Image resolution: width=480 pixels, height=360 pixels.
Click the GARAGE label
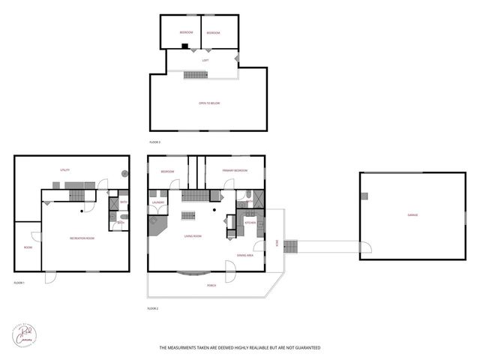(x=412, y=215)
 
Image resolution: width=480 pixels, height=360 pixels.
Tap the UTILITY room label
(x=65, y=170)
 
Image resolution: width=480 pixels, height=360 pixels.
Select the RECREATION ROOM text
(x=82, y=238)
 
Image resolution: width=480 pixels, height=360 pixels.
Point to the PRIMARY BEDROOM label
(x=234, y=172)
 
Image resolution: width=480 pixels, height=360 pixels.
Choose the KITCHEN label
(x=250, y=223)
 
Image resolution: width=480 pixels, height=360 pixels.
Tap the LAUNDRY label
(x=158, y=202)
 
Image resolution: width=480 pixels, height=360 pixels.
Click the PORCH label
(x=212, y=286)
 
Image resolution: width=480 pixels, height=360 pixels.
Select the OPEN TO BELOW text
(x=209, y=103)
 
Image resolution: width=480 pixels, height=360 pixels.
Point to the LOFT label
(x=205, y=60)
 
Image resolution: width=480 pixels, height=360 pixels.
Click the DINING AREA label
(x=244, y=255)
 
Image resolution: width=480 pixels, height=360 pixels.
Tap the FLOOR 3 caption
(x=154, y=142)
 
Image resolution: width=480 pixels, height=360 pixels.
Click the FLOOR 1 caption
(x=19, y=283)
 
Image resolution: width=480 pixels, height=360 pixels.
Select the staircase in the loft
(x=196, y=74)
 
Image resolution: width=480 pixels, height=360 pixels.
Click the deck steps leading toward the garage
(x=291, y=246)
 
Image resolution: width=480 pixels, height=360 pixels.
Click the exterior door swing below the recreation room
(x=49, y=277)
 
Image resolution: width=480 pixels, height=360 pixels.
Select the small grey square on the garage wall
(x=364, y=196)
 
